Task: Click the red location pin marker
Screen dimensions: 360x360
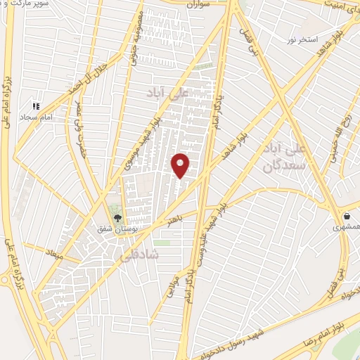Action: pyautogui.click(x=181, y=165)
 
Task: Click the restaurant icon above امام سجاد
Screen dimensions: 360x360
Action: pyautogui.click(x=34, y=105)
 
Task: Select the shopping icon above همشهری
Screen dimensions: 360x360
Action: pyautogui.click(x=347, y=216)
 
